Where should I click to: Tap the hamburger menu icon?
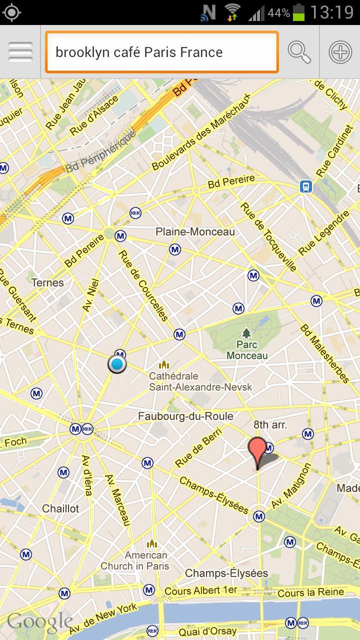click(x=20, y=52)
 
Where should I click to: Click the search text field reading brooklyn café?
click(x=161, y=52)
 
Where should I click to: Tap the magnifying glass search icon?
click(x=299, y=52)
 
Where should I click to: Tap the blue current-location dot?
click(x=117, y=364)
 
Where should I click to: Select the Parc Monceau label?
click(x=247, y=350)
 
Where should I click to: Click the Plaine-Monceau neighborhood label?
click(x=195, y=232)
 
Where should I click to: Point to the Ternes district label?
click(x=47, y=282)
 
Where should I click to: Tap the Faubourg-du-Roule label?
click(x=185, y=416)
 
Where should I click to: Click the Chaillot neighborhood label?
click(x=60, y=508)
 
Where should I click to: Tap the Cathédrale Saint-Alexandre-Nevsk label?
click(x=200, y=381)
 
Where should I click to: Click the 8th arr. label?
click(x=270, y=425)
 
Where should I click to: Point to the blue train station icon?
click(x=306, y=186)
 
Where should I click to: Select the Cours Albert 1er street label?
click(x=201, y=590)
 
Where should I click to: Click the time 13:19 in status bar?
click(x=331, y=12)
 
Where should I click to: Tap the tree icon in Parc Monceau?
click(x=246, y=332)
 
